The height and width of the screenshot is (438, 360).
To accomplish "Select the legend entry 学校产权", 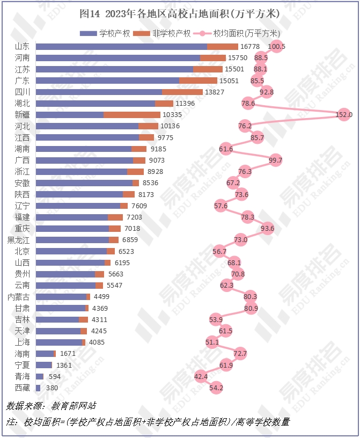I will (x=105, y=33).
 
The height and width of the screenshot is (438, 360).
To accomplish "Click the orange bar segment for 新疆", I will (x=131, y=115).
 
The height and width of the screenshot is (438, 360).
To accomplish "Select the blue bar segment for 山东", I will (x=121, y=47).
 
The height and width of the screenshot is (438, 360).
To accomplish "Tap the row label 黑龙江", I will (x=18, y=239).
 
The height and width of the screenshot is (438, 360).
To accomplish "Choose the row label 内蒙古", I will (x=18, y=296).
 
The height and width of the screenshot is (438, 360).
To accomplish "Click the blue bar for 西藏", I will (x=38, y=387).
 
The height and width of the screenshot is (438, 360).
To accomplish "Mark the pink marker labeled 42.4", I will (x=201, y=376).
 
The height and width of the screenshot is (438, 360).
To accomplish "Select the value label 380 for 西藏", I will (x=53, y=388).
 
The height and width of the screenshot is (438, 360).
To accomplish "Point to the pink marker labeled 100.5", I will (x=277, y=46).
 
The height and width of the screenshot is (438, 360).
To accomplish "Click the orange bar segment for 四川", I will (x=182, y=92).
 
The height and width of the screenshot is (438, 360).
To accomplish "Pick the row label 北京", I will (x=22, y=251).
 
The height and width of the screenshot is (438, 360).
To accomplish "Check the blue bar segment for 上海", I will (x=59, y=342).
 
